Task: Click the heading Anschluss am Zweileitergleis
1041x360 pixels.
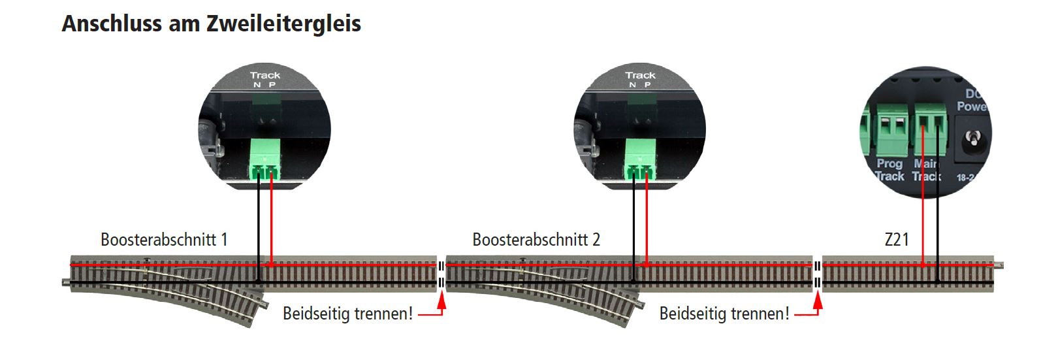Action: click(x=211, y=24)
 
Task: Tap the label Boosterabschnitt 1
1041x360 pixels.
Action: click(x=164, y=239)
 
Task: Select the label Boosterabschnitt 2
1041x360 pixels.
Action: click(x=536, y=239)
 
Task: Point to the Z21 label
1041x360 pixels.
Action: click(x=896, y=239)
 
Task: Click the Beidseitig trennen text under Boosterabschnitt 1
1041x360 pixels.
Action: click(x=347, y=314)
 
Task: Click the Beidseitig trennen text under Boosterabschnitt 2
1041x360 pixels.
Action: click(x=724, y=314)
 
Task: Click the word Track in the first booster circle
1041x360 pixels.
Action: click(x=264, y=75)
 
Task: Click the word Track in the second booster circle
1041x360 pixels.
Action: click(x=640, y=75)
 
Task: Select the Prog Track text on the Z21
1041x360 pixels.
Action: click(x=889, y=170)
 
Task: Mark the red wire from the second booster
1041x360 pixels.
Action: click(x=646, y=222)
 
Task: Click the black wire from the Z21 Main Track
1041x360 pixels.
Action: click(x=937, y=209)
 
